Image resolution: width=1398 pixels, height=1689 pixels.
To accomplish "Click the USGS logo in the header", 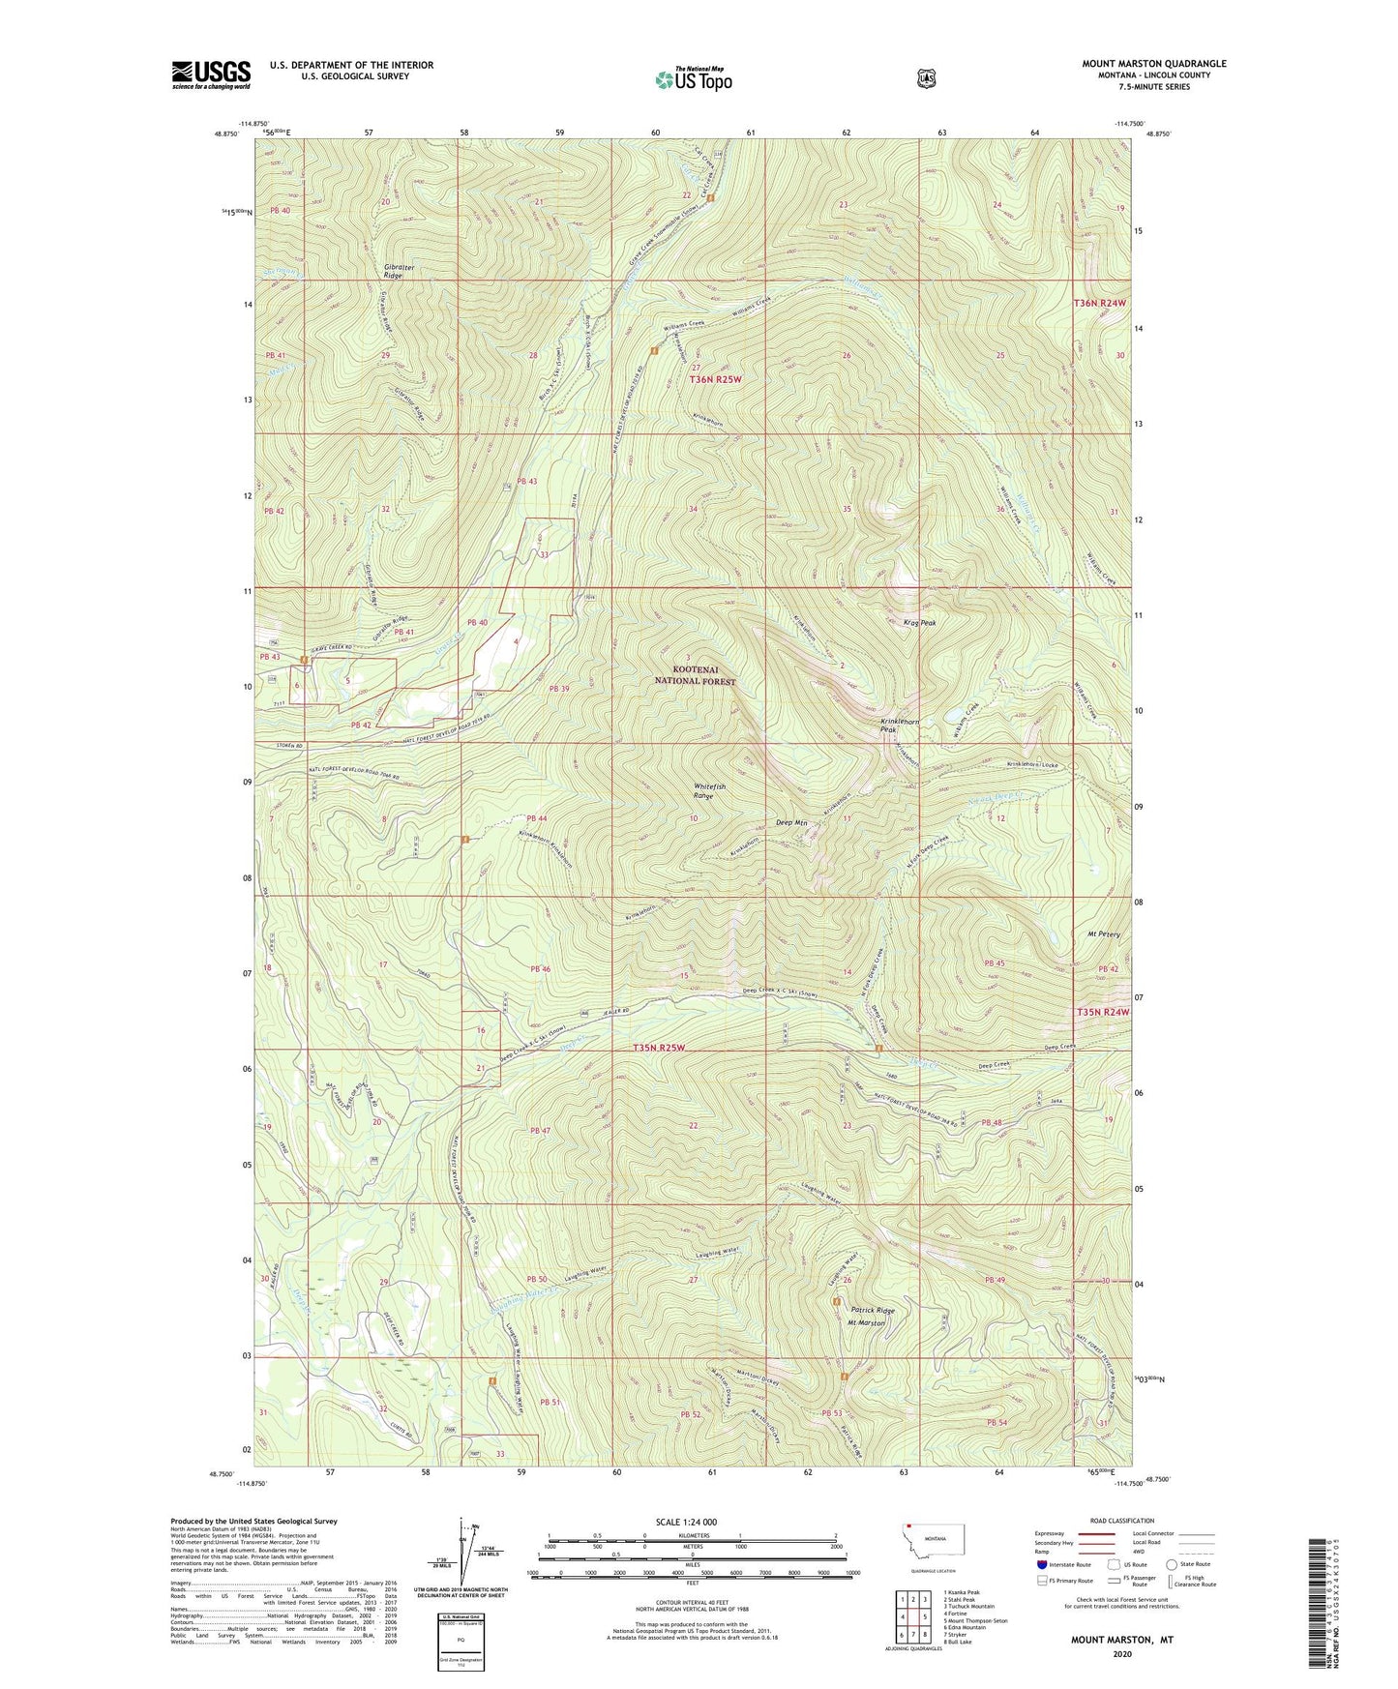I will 211,74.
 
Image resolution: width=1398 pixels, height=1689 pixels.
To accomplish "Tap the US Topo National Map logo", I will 692,78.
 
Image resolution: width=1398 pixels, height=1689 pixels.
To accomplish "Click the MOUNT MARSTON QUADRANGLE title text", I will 1153,64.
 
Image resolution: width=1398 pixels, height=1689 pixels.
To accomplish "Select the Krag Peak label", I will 920,623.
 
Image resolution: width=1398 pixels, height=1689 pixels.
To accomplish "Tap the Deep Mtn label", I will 791,823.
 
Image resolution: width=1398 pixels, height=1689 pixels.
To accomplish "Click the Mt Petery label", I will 1103,934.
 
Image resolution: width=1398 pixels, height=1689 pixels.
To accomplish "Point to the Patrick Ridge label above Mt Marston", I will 873,1310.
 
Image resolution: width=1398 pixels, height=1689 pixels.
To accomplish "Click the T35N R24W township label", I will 1102,1012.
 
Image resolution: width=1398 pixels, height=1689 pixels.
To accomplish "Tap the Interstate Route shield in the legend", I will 1041,1563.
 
